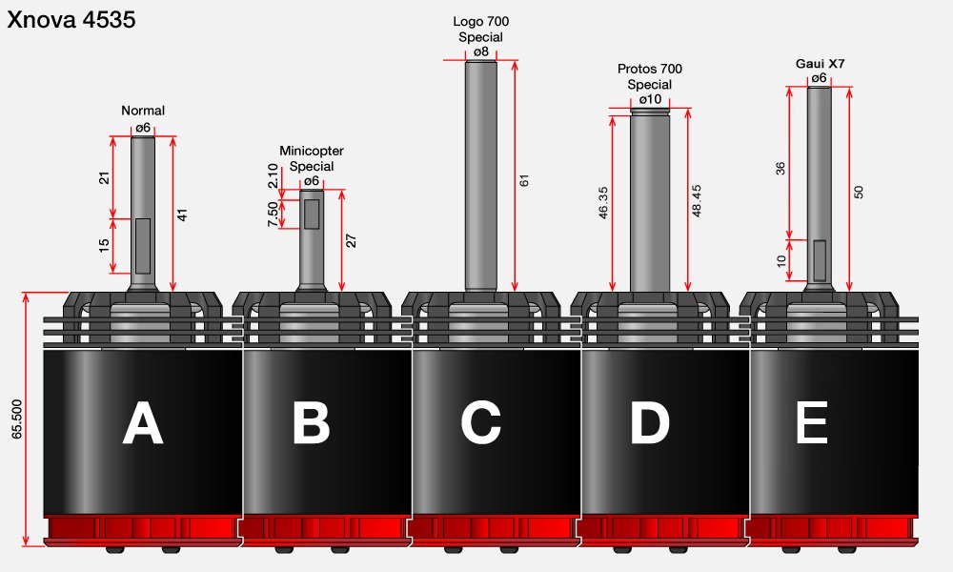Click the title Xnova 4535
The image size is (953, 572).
click(71, 19)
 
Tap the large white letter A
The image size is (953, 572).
click(143, 423)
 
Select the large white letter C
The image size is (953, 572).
click(480, 423)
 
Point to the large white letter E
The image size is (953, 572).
click(812, 422)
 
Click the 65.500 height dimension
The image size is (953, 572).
click(16, 419)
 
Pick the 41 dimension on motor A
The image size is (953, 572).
click(182, 214)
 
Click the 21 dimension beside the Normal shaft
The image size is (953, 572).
click(105, 177)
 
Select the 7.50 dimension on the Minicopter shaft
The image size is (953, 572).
click(273, 214)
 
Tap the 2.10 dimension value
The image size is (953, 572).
click(273, 175)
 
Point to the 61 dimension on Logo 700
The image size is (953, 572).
click(524, 180)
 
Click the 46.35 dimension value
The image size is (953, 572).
click(603, 202)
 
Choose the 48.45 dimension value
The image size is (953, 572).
click(697, 200)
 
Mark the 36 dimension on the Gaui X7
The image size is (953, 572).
click(781, 169)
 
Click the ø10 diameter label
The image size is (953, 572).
click(650, 99)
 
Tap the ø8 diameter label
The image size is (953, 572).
click(480, 51)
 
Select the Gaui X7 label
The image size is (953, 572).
click(820, 64)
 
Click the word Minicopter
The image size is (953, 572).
click(312, 151)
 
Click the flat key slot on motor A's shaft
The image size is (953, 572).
click(143, 246)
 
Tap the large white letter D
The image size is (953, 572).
click(650, 423)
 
